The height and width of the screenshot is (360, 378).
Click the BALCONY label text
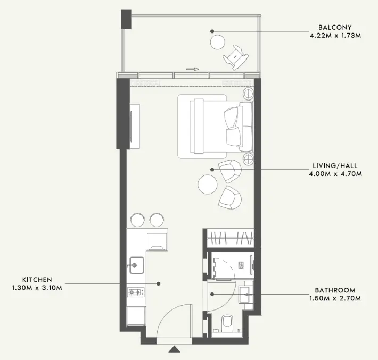(335, 27)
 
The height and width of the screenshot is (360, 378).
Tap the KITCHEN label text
(37, 280)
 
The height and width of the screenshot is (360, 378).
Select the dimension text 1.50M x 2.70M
(335, 299)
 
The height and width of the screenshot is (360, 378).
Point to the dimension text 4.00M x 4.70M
(335, 174)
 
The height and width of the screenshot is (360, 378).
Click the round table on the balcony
(218, 42)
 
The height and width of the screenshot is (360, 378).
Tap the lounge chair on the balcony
(235, 57)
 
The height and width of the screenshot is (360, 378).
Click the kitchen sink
(137, 265)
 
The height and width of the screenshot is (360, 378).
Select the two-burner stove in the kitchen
(136, 292)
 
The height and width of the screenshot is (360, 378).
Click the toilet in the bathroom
(227, 323)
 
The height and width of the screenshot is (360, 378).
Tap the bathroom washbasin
(246, 294)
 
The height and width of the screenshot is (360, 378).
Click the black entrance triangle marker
(174, 349)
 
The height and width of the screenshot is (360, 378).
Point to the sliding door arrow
(192, 69)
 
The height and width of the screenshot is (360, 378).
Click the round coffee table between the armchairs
(208, 184)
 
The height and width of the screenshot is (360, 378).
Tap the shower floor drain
(241, 265)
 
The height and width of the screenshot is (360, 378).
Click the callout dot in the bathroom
(212, 294)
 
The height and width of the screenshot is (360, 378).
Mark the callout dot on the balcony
(212, 31)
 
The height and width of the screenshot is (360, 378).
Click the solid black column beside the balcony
(126, 19)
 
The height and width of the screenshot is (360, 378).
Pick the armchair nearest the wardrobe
(230, 198)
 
